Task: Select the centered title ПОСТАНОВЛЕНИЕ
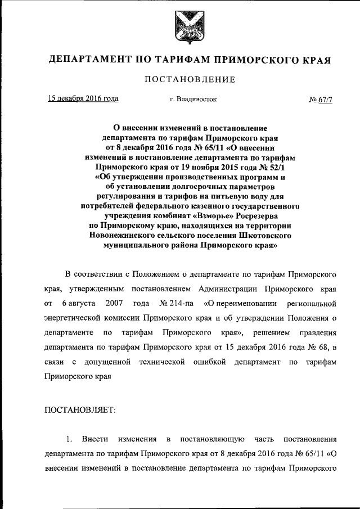189,79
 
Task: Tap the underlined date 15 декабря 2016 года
83,98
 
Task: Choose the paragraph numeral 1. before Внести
69,438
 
